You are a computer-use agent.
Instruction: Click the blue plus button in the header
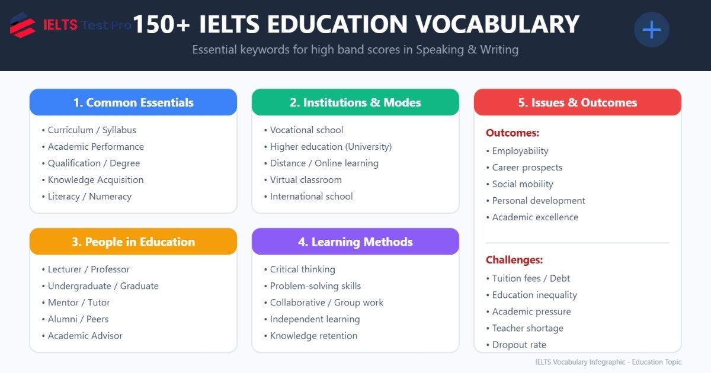click(x=651, y=30)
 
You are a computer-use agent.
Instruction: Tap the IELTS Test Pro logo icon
click(x=23, y=25)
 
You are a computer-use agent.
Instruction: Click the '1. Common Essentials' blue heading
click(x=133, y=102)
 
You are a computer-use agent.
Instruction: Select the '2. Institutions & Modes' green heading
click(x=355, y=102)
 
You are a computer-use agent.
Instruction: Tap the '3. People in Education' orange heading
click(x=133, y=242)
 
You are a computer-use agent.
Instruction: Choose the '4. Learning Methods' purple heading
click(x=355, y=242)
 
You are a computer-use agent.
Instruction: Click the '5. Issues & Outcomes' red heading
click(x=578, y=102)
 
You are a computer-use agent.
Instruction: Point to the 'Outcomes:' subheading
click(x=513, y=133)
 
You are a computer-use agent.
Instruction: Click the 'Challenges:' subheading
click(x=514, y=260)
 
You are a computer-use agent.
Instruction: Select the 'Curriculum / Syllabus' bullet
click(x=92, y=130)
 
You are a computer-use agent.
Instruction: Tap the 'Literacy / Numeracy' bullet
click(x=89, y=197)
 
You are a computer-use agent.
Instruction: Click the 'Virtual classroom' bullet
click(x=306, y=180)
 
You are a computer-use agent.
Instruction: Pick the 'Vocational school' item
click(x=306, y=130)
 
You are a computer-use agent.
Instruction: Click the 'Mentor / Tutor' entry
click(x=79, y=303)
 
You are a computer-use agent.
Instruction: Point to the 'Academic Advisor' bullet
click(x=85, y=336)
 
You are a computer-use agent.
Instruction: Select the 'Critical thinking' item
click(x=302, y=269)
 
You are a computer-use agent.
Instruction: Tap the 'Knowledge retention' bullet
click(x=313, y=336)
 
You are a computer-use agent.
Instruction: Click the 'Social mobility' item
click(x=523, y=184)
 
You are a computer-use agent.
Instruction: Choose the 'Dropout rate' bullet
click(x=519, y=345)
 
